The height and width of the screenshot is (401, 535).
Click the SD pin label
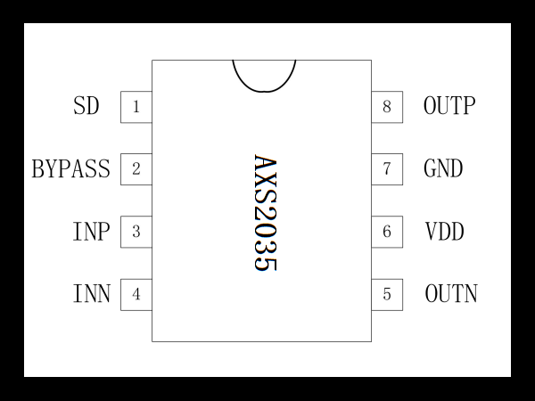[x=86, y=106]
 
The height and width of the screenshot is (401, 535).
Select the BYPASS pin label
[x=71, y=168]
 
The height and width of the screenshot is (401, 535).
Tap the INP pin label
[x=92, y=232]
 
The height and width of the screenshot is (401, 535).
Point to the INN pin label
[x=92, y=293]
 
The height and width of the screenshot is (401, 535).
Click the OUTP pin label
[x=449, y=106]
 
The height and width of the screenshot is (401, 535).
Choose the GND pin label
[x=443, y=168]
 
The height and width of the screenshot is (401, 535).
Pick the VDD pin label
[x=445, y=232]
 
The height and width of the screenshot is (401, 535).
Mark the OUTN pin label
[x=451, y=293]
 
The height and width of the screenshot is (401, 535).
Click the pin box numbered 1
[x=136, y=107]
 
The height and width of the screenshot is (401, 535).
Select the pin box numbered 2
[x=136, y=169]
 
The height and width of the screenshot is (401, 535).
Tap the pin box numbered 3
[x=136, y=232]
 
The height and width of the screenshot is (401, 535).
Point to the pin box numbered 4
[x=136, y=295]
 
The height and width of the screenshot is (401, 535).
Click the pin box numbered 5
[x=387, y=295]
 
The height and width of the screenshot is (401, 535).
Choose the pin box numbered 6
[x=387, y=232]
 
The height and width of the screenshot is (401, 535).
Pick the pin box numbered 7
[x=387, y=169]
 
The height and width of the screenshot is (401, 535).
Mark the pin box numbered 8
[x=387, y=107]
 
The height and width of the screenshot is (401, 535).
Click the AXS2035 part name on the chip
[x=265, y=213]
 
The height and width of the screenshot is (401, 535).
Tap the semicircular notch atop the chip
[x=265, y=92]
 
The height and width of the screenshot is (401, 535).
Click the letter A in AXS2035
[x=265, y=163]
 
